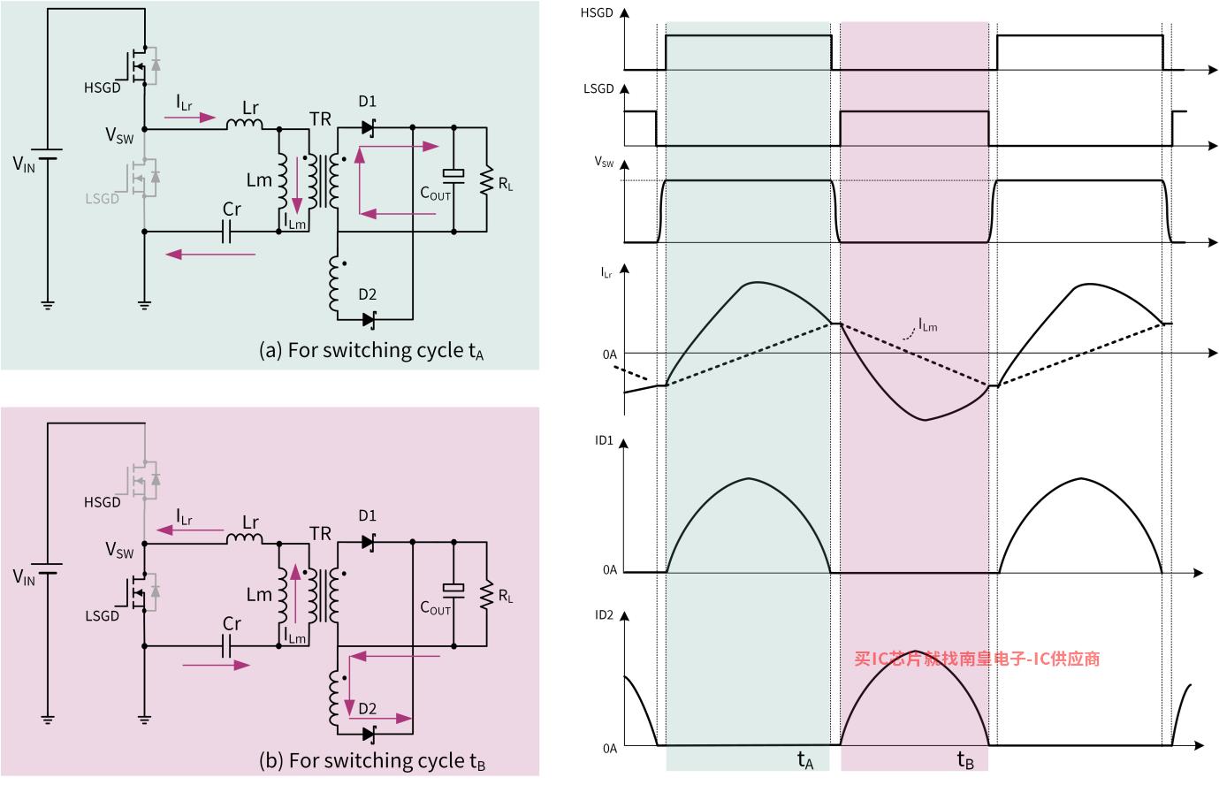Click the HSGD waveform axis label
click(597, 13)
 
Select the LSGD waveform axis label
click(597, 89)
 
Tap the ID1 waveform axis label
click(604, 439)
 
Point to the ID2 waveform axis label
click(604, 614)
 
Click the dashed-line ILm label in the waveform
click(927, 326)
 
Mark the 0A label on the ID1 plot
click(610, 570)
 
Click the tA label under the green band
click(805, 758)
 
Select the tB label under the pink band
click(965, 758)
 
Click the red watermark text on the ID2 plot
click(977, 659)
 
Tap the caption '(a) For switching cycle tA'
click(372, 350)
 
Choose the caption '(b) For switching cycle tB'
click(372, 760)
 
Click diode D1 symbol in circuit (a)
click(368, 128)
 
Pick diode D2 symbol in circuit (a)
click(368, 318)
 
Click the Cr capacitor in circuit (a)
click(228, 232)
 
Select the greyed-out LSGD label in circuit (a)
click(103, 199)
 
